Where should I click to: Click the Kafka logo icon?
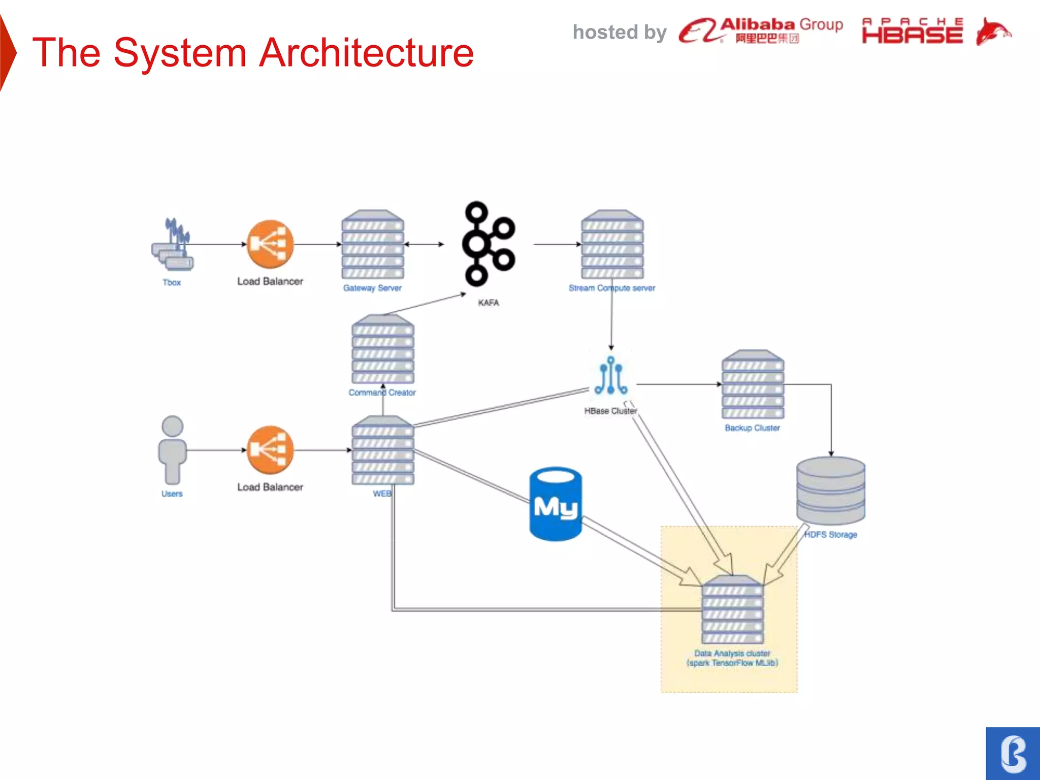(488, 244)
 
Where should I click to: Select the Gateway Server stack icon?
(373, 244)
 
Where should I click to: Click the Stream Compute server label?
(611, 288)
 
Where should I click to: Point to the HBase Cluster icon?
(611, 376)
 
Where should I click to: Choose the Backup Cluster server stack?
(753, 384)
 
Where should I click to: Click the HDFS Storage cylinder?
(831, 491)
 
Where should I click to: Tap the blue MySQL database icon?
(556, 504)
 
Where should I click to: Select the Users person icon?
(172, 450)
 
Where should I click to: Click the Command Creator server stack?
(383, 349)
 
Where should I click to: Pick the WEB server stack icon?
(383, 450)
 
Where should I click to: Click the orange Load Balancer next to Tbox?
(270, 244)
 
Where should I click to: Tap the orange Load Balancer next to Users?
(270, 450)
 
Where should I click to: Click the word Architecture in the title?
(366, 53)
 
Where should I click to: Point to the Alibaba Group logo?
(761, 30)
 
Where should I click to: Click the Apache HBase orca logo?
(993, 31)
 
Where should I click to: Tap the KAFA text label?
(489, 303)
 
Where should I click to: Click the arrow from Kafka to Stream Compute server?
(557, 244)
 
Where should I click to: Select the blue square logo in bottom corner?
(1013, 754)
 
